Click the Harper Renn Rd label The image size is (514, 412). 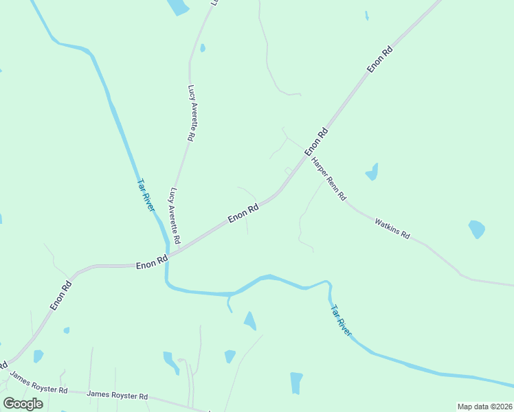328,177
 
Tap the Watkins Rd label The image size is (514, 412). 392,228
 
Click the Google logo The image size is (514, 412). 23,404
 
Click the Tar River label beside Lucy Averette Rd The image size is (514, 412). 146,195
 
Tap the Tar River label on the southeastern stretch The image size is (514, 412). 341,320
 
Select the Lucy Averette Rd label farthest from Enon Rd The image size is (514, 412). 192,113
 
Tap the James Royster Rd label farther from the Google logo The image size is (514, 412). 118,396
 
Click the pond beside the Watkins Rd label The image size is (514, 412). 476,229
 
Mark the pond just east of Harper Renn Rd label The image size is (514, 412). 372,172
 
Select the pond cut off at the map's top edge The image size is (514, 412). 178,6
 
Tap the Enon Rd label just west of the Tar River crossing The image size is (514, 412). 151,262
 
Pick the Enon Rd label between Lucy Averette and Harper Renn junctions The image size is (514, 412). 243,213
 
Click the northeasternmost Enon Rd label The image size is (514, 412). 379,59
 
